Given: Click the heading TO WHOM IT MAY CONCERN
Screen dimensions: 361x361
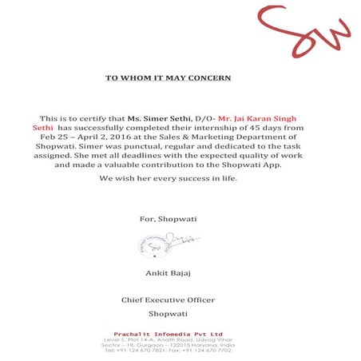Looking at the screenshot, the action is click(169, 77).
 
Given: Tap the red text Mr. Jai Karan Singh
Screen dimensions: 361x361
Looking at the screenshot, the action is click(262, 117).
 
